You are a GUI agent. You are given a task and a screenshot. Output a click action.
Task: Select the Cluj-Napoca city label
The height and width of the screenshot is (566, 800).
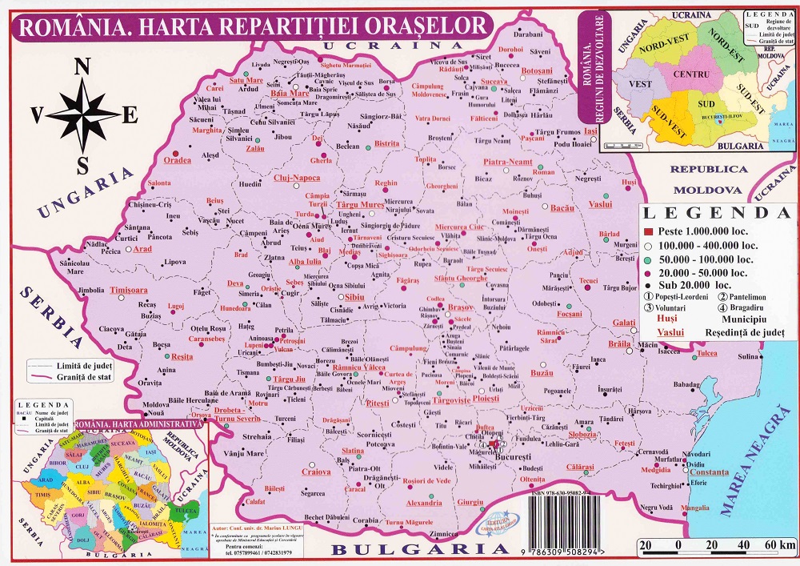pos(297,178)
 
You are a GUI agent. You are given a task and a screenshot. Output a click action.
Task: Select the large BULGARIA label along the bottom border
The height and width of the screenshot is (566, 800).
pos(419,549)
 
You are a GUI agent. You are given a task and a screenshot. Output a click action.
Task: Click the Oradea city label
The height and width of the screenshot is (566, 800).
pos(178,160)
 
